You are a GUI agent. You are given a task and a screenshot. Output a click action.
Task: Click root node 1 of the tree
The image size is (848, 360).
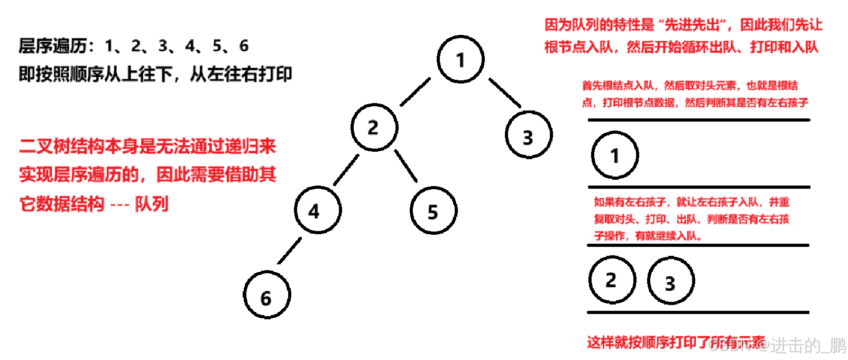(x=460, y=59)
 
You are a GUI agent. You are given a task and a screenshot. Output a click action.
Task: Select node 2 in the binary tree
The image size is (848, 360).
(x=374, y=127)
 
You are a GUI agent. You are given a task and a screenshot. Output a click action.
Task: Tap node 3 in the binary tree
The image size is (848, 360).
(x=529, y=135)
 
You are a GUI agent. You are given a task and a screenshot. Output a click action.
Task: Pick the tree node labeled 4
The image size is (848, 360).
(x=318, y=210)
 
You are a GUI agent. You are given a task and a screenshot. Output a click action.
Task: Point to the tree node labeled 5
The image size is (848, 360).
(x=434, y=210)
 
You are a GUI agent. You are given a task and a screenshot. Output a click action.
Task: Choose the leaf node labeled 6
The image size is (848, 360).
(x=267, y=295)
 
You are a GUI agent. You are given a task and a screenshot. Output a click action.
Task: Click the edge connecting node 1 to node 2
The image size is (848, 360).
(x=416, y=92)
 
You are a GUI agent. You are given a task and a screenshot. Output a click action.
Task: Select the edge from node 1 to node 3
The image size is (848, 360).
(x=504, y=93)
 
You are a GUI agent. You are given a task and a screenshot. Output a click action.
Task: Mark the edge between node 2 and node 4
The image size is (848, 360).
(x=346, y=170)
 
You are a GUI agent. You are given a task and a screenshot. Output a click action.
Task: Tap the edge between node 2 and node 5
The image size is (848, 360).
(x=406, y=166)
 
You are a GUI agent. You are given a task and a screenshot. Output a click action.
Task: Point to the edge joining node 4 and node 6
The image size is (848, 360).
(x=289, y=251)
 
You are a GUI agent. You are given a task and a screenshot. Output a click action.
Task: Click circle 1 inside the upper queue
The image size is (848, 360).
(x=615, y=155)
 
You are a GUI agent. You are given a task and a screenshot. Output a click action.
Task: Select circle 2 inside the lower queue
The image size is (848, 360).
(x=612, y=280)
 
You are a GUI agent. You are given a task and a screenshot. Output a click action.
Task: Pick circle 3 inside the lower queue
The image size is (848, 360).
(x=670, y=281)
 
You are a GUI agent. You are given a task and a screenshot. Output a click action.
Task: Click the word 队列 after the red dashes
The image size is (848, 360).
(x=152, y=204)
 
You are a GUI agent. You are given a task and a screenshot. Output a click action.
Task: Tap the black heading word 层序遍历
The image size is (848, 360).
(x=53, y=46)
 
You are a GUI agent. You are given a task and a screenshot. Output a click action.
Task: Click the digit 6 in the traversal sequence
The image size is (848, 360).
(x=244, y=46)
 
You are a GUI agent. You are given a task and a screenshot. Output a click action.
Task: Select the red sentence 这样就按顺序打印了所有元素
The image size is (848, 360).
(x=676, y=343)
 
